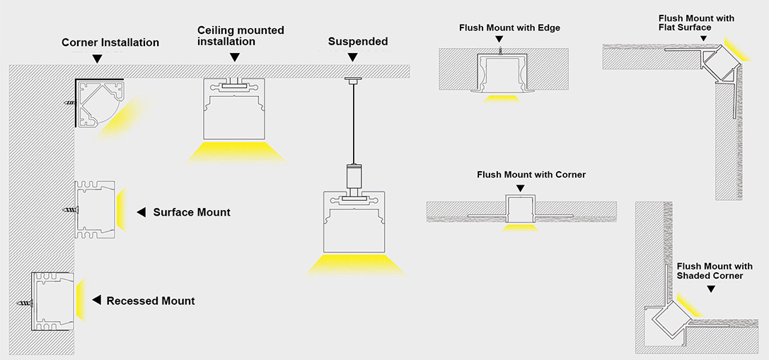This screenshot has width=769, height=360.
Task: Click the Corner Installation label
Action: pos(110,42)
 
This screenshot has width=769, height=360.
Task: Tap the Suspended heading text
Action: pos(358,42)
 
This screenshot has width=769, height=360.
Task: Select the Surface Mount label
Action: pos(192,212)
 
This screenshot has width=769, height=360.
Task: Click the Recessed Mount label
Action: pos(151,301)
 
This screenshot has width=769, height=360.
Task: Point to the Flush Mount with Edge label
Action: pos(509,28)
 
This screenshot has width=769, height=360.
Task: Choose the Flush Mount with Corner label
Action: pos(531,175)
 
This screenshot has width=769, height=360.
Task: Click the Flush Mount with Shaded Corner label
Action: pos(715,271)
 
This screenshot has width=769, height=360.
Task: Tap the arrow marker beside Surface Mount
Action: pos(141,212)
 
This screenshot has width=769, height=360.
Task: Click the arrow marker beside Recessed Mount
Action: pos(97,300)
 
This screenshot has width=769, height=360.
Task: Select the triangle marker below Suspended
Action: pos(352,57)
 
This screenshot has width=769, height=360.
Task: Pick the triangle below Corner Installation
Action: pos(98,59)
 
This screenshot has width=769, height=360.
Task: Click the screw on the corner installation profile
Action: pos(71,103)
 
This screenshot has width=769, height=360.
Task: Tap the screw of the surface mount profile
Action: pos(71,210)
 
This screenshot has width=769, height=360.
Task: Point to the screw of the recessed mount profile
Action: pos(26,303)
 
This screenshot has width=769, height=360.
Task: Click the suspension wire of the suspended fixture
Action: pos(352,123)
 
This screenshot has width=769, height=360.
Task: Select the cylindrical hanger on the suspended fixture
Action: pos(352,176)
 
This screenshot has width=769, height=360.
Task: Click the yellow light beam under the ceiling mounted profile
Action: pos(236,152)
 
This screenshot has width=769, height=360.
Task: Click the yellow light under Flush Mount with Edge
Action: pos(501,98)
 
